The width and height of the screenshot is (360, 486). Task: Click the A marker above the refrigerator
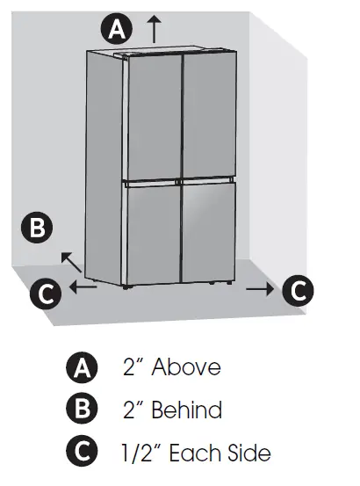(116, 29)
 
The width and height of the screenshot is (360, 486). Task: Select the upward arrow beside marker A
(155, 28)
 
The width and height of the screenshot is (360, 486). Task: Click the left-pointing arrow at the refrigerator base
(83, 287)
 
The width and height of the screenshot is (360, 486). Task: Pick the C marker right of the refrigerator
(299, 288)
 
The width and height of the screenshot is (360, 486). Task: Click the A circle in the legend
(80, 366)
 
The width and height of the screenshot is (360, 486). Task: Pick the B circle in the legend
(80, 410)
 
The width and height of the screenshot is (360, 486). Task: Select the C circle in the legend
(80, 453)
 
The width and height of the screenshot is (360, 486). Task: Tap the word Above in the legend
(186, 366)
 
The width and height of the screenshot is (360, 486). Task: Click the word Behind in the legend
(187, 410)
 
